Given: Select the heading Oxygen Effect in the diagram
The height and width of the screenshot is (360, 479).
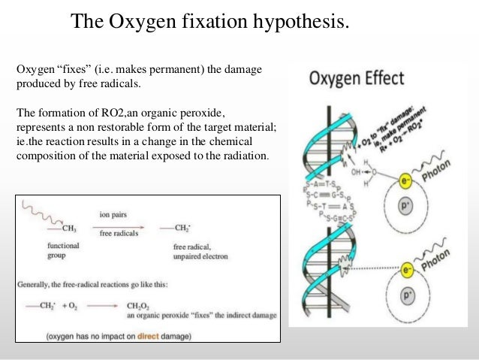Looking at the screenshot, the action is (x=357, y=79).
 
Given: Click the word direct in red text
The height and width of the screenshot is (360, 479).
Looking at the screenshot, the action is (x=145, y=336).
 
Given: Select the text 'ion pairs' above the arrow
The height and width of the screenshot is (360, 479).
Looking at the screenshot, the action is (x=113, y=214).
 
